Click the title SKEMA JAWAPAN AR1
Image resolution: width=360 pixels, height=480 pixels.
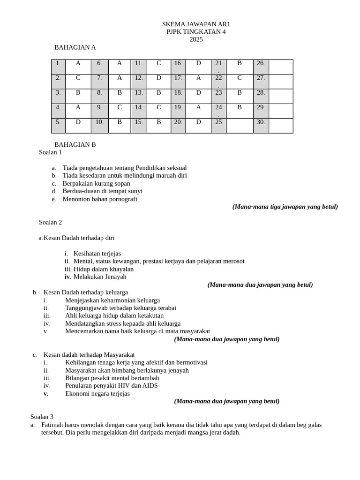(x=196, y=24)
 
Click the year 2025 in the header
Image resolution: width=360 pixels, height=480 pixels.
(x=196, y=39)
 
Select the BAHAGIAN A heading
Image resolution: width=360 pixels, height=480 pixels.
(x=75, y=47)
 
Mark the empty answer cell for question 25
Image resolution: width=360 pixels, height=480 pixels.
(x=239, y=125)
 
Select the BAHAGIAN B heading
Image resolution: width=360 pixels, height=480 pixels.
(x=75, y=144)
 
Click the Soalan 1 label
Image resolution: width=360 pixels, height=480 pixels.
(x=50, y=152)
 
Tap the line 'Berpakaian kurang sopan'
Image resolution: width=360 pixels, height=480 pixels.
(x=96, y=183)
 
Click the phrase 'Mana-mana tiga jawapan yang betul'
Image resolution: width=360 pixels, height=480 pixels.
(x=285, y=207)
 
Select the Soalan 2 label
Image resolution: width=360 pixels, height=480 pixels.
(x=50, y=222)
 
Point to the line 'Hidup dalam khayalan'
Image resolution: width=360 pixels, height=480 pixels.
(x=103, y=269)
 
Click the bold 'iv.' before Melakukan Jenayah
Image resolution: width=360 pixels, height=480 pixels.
(x=67, y=277)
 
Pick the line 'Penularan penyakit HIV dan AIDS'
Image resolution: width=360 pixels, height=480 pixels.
(x=111, y=385)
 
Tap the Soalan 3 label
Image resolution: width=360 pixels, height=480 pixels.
(x=42, y=416)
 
